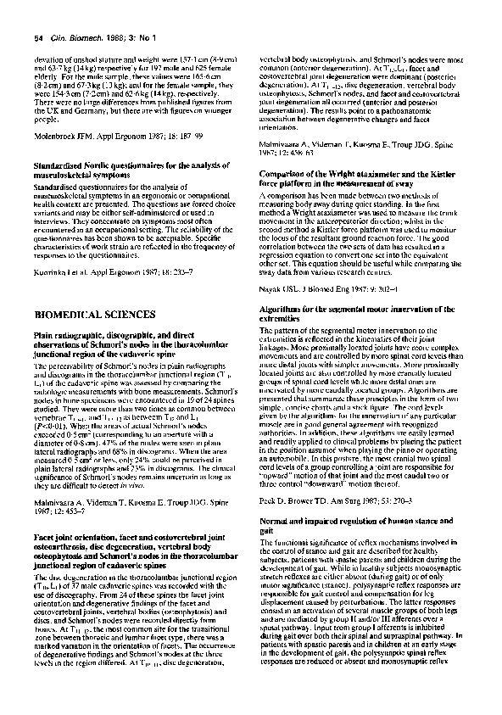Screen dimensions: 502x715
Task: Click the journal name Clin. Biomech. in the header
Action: (x=76, y=37)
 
